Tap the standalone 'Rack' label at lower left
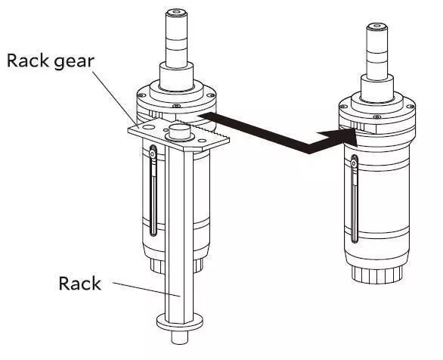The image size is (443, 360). (80, 284)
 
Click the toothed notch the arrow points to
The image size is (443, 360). (350, 128)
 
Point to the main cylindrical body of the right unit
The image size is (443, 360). (386, 197)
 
